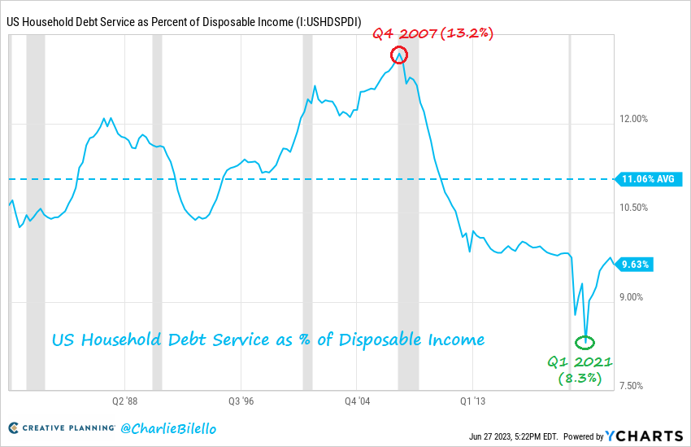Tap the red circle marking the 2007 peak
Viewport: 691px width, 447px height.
click(399, 55)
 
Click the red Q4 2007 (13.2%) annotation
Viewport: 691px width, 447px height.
click(433, 33)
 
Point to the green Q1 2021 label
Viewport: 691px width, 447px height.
click(579, 362)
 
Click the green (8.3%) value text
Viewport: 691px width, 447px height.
click(579, 379)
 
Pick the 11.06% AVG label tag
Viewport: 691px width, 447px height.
click(647, 178)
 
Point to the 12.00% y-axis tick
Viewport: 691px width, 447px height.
click(633, 119)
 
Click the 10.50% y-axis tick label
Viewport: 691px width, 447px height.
click(633, 208)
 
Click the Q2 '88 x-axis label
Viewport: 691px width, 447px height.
click(124, 401)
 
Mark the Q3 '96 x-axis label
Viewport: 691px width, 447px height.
click(241, 401)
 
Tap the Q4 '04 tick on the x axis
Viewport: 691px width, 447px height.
click(358, 401)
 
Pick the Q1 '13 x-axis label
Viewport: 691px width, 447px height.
click(473, 401)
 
